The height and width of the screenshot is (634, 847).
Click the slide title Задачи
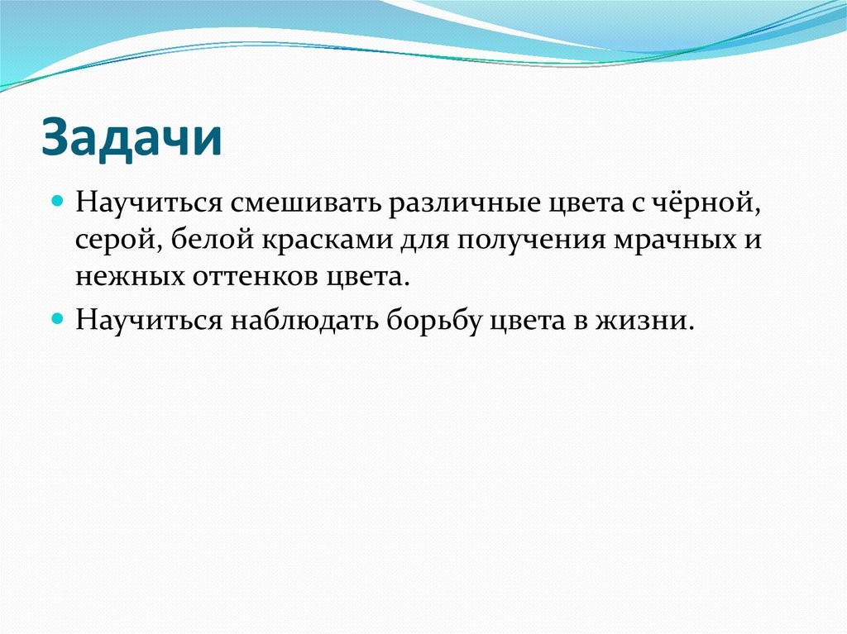click(132, 137)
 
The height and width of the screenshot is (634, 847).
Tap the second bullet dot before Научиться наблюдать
click(57, 317)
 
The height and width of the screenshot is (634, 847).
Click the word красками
click(331, 240)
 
